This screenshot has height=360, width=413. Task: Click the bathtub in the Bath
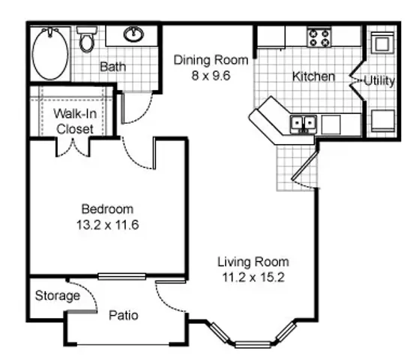point(50,54)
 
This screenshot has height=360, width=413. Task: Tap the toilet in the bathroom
point(87,40)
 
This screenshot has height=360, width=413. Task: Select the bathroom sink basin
point(134,34)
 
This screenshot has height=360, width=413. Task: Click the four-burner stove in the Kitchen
point(319,38)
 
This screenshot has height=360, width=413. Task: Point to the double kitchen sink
point(304,124)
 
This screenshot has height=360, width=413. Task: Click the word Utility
point(379,81)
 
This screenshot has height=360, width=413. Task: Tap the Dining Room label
point(211,60)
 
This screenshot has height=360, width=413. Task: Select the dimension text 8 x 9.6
point(211,76)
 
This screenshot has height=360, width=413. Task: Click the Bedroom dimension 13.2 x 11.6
point(107,225)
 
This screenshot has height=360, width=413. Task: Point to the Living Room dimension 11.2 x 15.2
point(253,277)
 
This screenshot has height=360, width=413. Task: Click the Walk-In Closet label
point(75,121)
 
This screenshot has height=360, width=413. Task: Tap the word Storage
point(58,295)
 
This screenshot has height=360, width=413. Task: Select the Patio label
point(124,315)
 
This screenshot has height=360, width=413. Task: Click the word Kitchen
point(314,76)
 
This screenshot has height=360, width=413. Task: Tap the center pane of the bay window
point(253,344)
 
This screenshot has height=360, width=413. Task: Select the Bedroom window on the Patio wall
point(121,277)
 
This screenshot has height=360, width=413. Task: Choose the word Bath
point(112,67)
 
